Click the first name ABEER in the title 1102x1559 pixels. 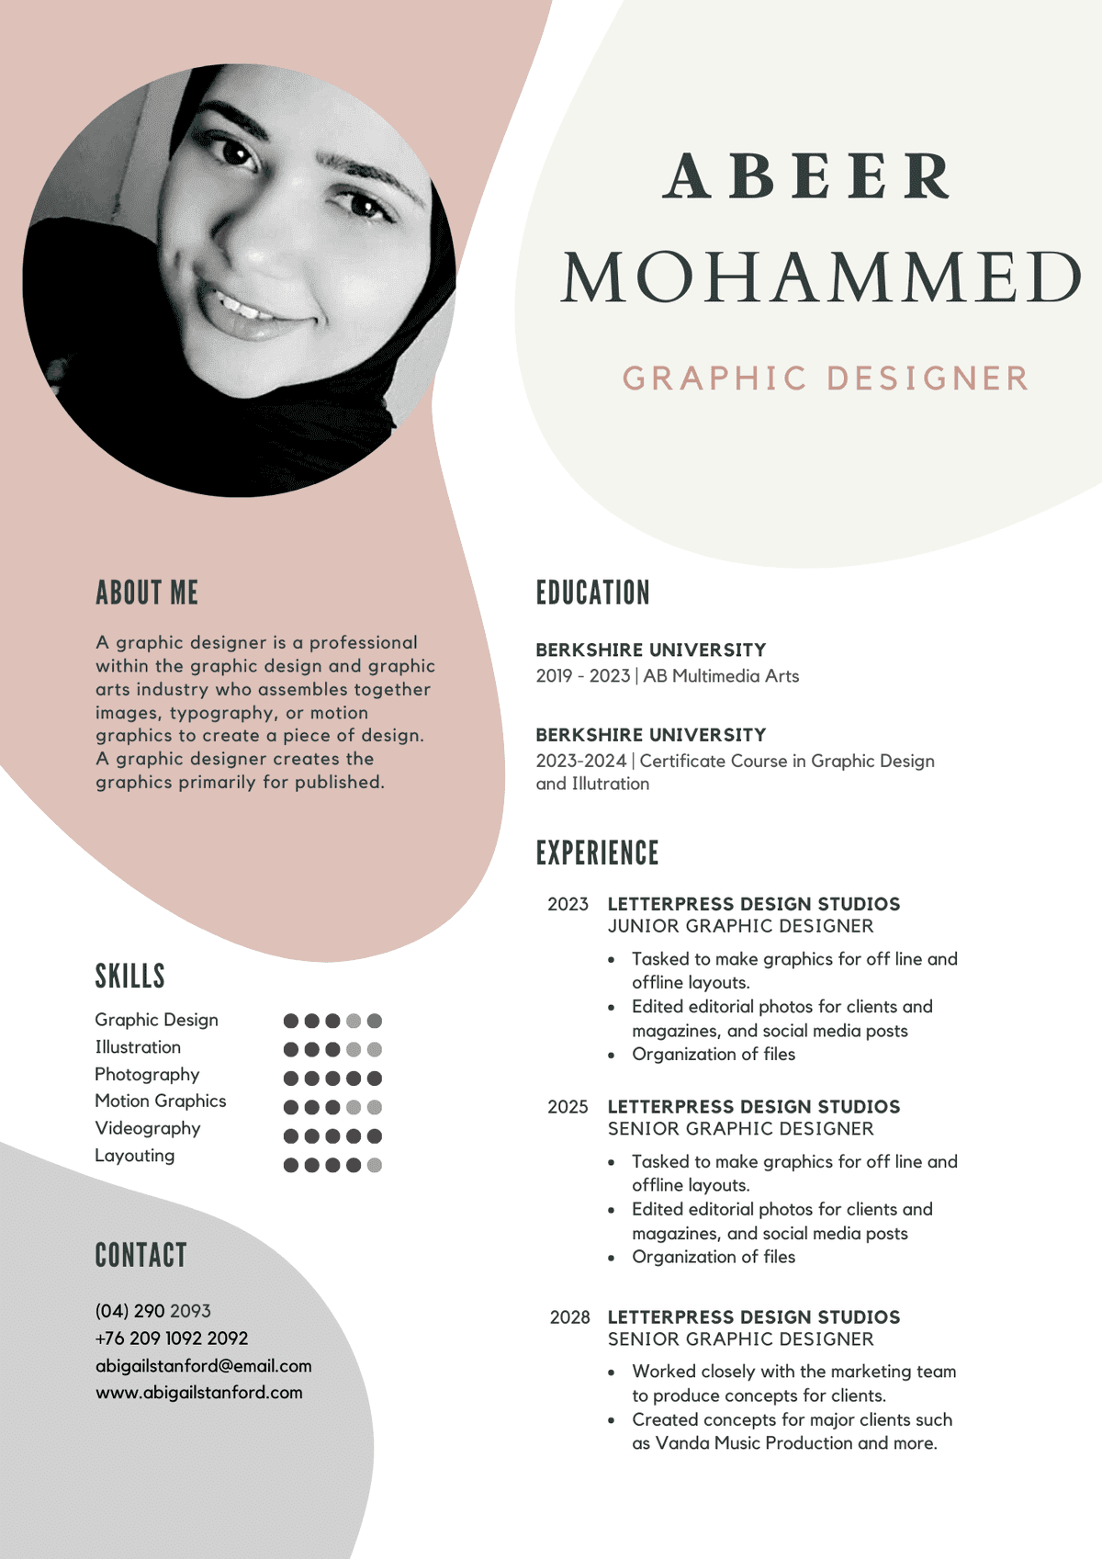806,176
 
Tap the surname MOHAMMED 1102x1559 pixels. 821,277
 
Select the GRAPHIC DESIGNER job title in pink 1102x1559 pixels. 826,378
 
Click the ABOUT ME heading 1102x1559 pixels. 147,593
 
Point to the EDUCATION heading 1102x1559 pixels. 592,593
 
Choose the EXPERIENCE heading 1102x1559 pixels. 597,853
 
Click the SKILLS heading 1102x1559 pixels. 129,976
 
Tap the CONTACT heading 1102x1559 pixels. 141,1255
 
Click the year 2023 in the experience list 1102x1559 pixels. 568,904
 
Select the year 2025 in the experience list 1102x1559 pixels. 568,1107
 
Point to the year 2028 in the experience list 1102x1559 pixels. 569,1317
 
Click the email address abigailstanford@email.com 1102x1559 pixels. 203,1366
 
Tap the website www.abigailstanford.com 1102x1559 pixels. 198,1393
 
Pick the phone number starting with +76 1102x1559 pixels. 172,1339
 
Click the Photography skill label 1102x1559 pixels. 147,1074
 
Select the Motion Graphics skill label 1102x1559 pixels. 160,1101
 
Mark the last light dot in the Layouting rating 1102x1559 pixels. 374,1165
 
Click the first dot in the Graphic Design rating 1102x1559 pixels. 291,1021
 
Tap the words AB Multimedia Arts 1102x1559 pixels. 721,676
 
